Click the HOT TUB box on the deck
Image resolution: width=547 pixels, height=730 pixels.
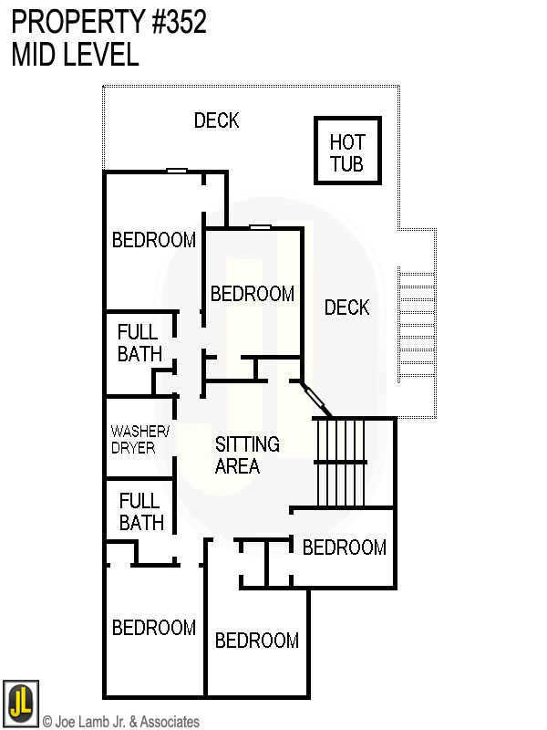point(346,151)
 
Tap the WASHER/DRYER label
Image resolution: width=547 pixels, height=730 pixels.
point(133,439)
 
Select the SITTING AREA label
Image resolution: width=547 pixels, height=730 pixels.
point(247,454)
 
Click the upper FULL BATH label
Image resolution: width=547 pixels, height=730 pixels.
point(139,343)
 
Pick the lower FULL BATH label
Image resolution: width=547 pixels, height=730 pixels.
point(141,512)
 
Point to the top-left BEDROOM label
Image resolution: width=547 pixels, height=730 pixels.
point(153,240)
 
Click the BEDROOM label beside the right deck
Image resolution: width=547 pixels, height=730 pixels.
point(252,294)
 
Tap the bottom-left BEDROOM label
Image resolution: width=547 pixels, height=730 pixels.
point(153,628)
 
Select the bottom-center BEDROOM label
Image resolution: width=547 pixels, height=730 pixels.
point(256,641)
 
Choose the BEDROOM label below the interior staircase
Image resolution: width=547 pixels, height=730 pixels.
point(344,547)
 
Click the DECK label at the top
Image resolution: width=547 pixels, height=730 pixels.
point(216,120)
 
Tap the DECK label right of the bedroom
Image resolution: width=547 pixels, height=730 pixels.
point(346,308)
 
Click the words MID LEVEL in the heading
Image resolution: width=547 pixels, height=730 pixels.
point(75,55)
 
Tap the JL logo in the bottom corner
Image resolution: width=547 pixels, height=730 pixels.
point(20,702)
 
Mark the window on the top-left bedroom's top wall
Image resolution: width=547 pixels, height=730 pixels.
point(176,171)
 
